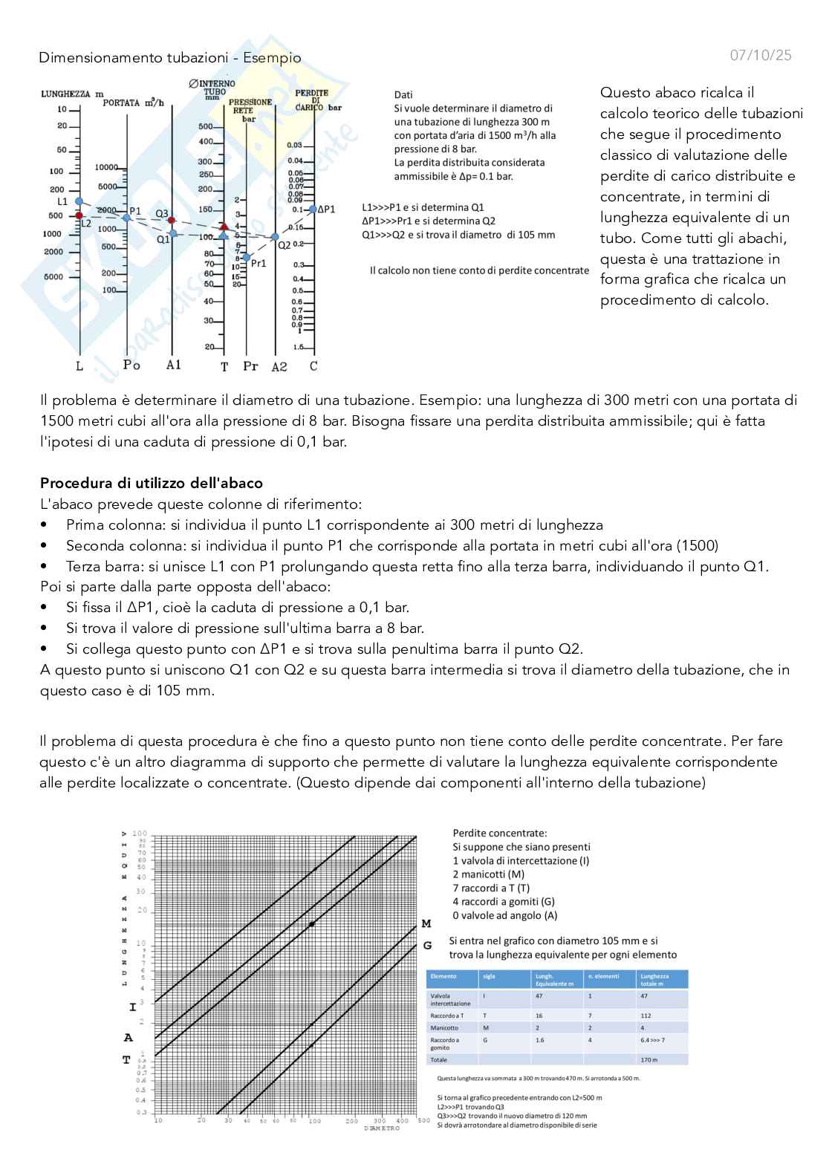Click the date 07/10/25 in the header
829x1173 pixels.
click(761, 55)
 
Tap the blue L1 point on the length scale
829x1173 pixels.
click(79, 202)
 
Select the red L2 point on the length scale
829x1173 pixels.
click(79, 215)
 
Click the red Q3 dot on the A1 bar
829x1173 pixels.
click(172, 220)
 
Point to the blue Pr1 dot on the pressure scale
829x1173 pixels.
click(247, 257)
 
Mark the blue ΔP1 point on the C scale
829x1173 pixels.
click(313, 209)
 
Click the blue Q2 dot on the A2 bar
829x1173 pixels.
click(275, 237)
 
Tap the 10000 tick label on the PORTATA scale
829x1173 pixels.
click(107, 167)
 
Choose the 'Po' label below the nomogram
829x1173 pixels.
click(131, 365)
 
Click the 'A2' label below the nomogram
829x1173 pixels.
click(279, 366)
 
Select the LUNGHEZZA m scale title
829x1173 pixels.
click(72, 94)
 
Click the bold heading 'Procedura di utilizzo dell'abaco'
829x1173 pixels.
click(152, 483)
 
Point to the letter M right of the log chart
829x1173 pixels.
click(426, 923)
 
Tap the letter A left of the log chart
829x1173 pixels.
click(128, 1038)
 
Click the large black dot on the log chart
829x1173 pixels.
click(312, 924)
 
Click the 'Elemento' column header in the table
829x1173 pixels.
click(443, 976)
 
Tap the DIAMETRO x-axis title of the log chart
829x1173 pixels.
click(382, 1128)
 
